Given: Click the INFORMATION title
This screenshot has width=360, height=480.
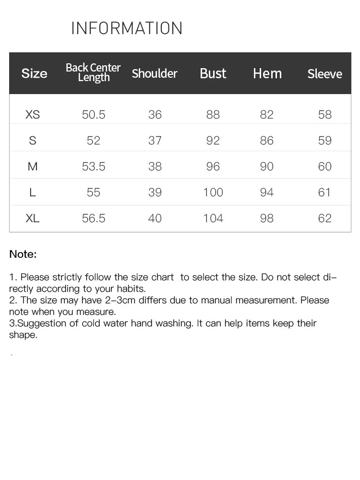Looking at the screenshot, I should pyautogui.click(x=127, y=28).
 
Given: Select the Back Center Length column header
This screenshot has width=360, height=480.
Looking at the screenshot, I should pyautogui.click(x=93, y=72).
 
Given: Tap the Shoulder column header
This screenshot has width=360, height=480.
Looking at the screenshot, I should pyautogui.click(x=155, y=73).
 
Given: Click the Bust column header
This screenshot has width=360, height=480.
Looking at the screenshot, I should pyautogui.click(x=213, y=73).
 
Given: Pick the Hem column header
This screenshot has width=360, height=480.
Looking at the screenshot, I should pyautogui.click(x=267, y=73).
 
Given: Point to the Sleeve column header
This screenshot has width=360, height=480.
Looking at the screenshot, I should pyautogui.click(x=324, y=74).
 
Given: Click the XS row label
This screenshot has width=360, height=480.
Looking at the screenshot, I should pyautogui.click(x=33, y=115).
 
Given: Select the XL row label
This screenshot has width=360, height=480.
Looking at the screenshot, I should pyautogui.click(x=33, y=218).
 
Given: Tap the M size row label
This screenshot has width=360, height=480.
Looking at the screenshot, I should pyautogui.click(x=33, y=167).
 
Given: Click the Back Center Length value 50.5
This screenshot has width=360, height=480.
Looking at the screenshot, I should pyautogui.click(x=94, y=115).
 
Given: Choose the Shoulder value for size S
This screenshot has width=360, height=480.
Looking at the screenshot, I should pyautogui.click(x=155, y=141).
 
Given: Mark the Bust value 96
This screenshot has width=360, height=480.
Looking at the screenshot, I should pyautogui.click(x=213, y=167).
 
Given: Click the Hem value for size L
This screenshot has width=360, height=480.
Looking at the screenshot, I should pyautogui.click(x=266, y=192).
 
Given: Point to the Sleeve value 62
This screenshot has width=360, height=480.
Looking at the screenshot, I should pyautogui.click(x=325, y=218).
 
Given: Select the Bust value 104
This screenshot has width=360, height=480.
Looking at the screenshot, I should pyautogui.click(x=213, y=218).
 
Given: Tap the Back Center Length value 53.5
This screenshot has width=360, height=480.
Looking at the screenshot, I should pyautogui.click(x=94, y=167).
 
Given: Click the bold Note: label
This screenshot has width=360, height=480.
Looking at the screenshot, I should pyautogui.click(x=23, y=254).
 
